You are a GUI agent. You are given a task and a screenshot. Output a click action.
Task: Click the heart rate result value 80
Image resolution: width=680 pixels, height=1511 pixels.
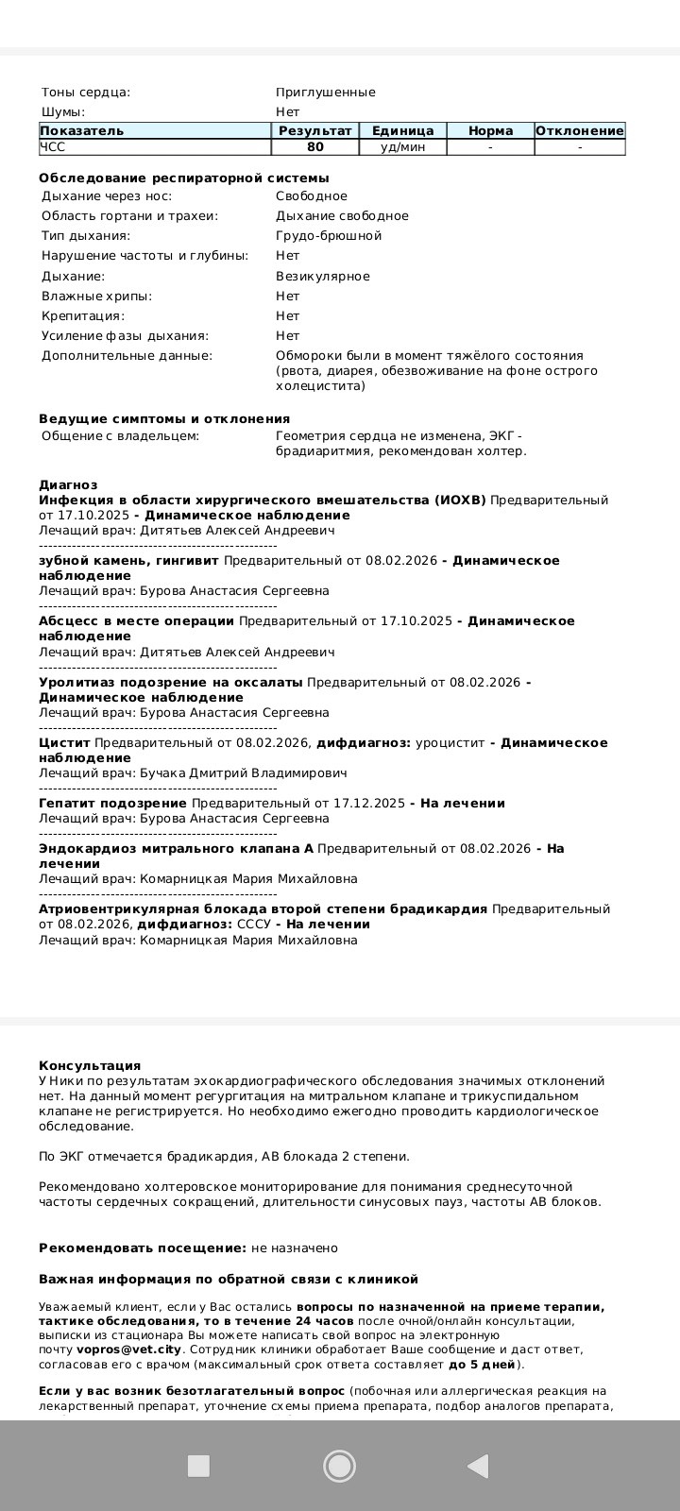(315, 147)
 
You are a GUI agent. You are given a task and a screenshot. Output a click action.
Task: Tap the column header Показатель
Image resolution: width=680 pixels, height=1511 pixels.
(82, 131)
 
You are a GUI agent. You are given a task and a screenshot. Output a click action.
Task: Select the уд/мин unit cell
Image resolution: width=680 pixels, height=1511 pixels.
(402, 147)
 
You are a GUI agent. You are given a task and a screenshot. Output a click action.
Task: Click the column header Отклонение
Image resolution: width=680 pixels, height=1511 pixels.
(579, 131)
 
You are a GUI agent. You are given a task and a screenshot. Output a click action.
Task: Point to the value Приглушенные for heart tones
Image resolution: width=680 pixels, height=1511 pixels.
(325, 93)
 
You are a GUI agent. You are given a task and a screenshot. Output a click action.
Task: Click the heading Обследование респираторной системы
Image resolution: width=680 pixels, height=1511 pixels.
(184, 178)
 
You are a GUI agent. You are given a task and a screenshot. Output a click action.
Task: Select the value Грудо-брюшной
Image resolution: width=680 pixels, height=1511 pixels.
(329, 236)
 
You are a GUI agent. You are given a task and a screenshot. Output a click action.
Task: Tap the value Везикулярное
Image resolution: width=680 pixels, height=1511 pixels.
(322, 277)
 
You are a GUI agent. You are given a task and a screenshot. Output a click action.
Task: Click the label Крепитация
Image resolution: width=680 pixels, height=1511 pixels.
(83, 316)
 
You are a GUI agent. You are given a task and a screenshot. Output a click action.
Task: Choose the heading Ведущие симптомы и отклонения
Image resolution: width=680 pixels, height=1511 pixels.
(164, 418)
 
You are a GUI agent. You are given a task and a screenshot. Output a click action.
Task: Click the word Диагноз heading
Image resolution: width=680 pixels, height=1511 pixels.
(68, 484)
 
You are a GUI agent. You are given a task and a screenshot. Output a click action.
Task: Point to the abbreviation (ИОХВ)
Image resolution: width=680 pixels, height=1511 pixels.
(461, 501)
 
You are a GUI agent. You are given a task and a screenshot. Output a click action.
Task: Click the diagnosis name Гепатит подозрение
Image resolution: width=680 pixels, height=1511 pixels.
(112, 804)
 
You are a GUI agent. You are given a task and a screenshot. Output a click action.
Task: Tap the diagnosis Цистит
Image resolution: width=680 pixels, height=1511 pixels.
(64, 743)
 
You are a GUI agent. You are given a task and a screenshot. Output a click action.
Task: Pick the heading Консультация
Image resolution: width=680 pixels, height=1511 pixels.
(90, 1065)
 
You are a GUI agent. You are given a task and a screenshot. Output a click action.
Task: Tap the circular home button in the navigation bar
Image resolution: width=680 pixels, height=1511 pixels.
(339, 1466)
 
